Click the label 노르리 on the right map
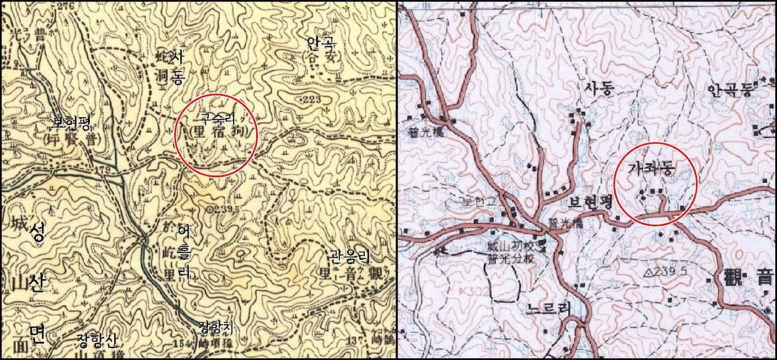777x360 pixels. [548, 308]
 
